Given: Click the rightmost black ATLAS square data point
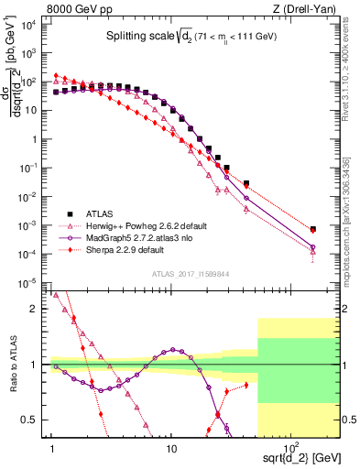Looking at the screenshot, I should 312,229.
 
